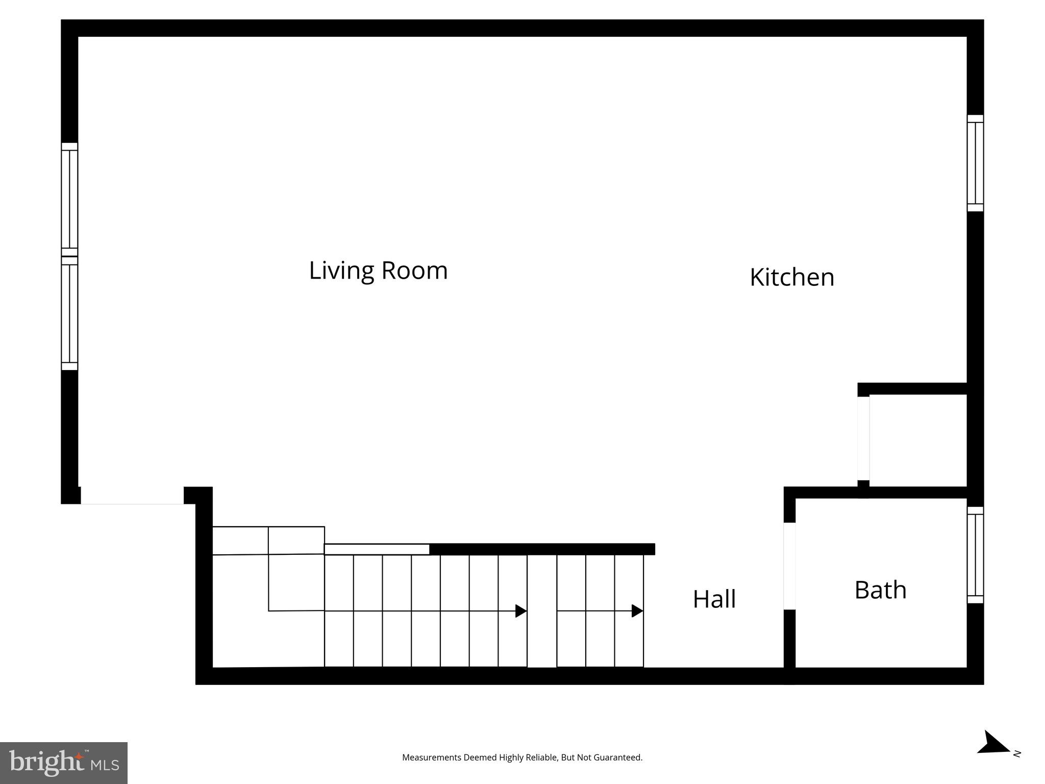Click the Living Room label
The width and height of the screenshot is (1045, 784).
[x=378, y=271]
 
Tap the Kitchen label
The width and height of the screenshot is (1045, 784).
[x=791, y=278]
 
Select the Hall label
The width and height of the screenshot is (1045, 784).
[x=714, y=599]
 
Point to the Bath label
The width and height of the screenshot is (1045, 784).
[x=880, y=590]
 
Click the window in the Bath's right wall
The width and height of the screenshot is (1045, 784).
[x=975, y=555]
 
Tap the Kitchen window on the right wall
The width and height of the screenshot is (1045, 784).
[x=975, y=163]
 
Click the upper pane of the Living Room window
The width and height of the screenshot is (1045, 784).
[x=69, y=199]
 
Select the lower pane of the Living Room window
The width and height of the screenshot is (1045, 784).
[x=69, y=313]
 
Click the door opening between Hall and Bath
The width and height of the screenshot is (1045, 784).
[x=789, y=566]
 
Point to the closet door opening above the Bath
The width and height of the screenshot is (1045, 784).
[x=863, y=438]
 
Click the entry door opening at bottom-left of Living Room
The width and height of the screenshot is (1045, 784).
[x=132, y=496]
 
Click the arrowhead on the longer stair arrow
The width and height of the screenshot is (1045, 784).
[x=521, y=611]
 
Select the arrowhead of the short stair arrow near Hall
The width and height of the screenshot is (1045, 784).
[x=637, y=611]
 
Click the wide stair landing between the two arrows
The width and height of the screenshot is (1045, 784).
[x=541, y=611]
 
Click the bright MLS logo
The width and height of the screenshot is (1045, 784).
[x=64, y=763]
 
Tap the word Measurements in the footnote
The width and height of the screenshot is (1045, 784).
[x=431, y=757]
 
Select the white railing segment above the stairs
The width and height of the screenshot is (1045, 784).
[x=377, y=549]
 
